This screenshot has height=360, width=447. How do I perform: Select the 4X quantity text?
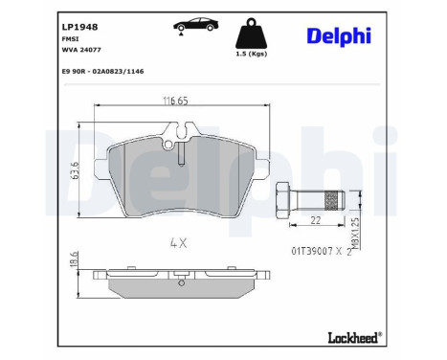click(x=179, y=244)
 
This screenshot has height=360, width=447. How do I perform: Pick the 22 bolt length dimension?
click(x=316, y=221)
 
